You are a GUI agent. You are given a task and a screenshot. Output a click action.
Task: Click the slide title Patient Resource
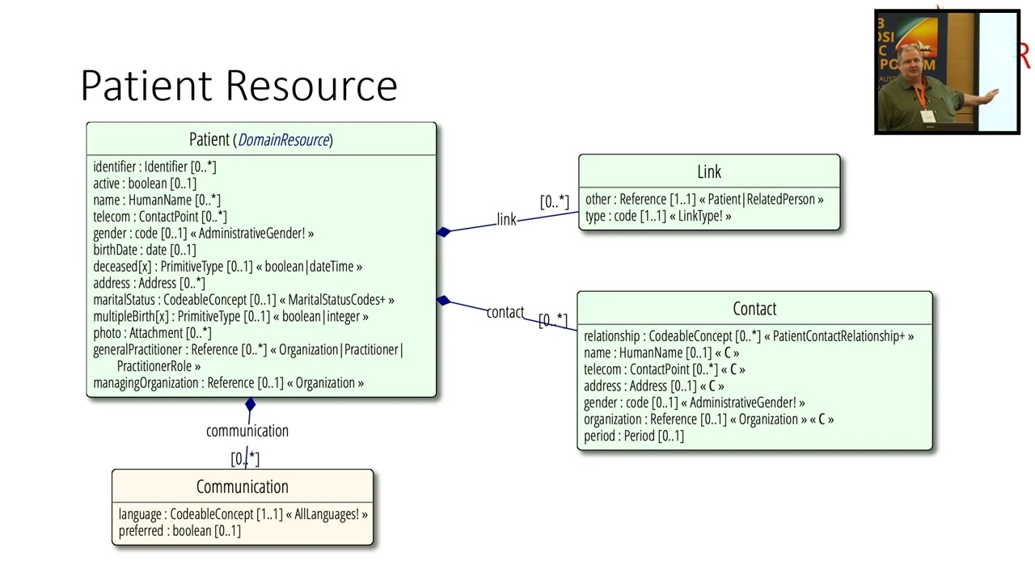[x=239, y=86]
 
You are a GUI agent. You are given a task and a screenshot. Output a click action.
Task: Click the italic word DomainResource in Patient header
[x=284, y=140]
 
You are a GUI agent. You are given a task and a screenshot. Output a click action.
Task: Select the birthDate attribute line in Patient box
[x=144, y=250]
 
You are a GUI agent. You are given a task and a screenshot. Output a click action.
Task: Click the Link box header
[x=709, y=171]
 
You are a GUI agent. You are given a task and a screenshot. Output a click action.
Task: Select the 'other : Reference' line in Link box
[x=703, y=200]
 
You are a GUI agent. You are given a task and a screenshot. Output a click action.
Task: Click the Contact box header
[x=754, y=309]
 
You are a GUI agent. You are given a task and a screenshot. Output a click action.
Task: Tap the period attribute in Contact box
[x=633, y=436]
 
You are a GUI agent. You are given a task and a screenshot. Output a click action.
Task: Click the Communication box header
[x=242, y=487]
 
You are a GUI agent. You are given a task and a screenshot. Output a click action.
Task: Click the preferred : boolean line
[x=180, y=531]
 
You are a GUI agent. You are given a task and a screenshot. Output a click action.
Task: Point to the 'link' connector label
[x=506, y=220]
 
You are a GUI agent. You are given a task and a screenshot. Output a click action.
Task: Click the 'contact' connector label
[x=505, y=313]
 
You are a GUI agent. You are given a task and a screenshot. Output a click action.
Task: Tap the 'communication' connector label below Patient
[x=247, y=431]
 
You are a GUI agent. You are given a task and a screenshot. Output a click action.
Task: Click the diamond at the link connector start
[x=443, y=232]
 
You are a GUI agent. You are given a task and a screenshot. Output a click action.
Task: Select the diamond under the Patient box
[x=250, y=405]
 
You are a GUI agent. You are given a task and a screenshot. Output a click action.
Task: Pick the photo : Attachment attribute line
[x=151, y=333]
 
